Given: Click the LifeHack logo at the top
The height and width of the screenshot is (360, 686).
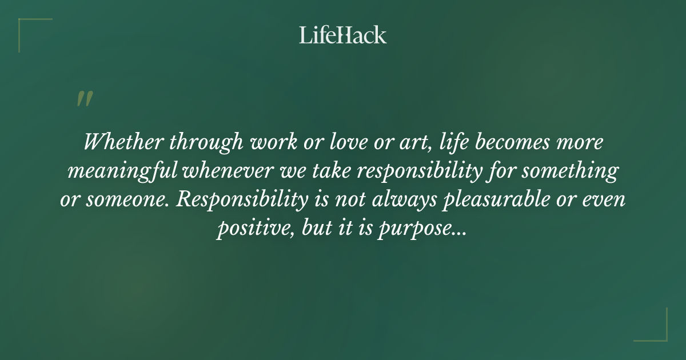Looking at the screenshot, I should click(342, 35).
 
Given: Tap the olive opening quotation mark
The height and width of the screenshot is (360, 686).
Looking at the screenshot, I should click(84, 99).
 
